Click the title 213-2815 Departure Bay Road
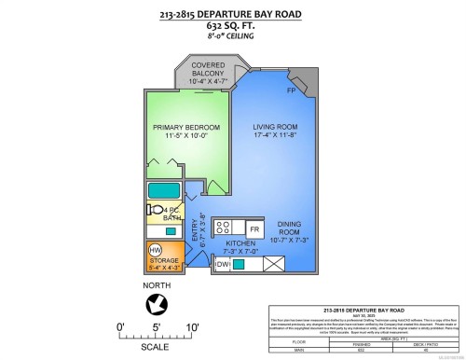232,15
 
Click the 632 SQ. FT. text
232,27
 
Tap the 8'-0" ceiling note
232,38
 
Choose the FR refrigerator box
253,228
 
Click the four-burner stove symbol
224,227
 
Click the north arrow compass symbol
158,303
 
